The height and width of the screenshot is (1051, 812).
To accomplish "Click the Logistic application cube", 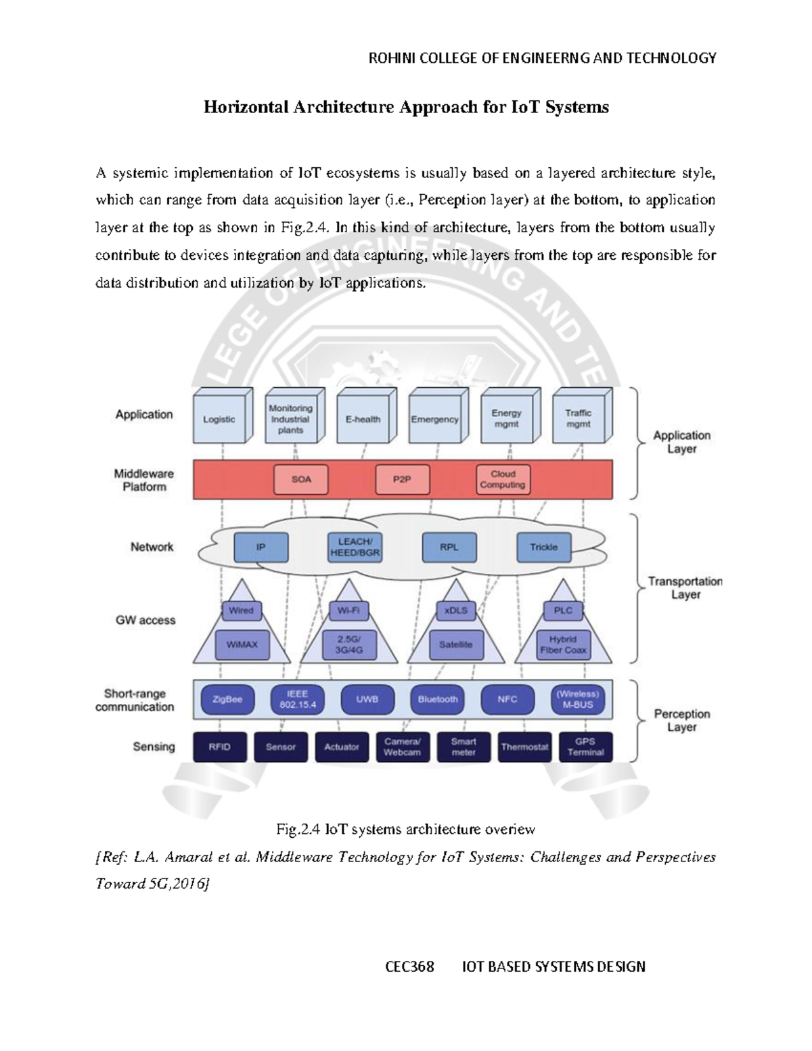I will click(219, 420).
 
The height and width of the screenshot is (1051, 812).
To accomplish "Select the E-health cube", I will click(363, 420).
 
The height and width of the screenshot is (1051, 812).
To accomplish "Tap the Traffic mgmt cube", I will click(579, 419).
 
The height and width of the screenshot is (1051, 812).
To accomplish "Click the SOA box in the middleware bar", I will click(301, 479).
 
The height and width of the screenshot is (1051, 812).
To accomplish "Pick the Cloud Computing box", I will click(503, 479).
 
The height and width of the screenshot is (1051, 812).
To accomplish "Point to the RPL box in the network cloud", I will click(449, 547).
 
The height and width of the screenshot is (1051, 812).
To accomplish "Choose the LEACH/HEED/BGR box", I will click(355, 547).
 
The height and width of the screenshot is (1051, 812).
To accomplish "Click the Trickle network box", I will click(543, 547).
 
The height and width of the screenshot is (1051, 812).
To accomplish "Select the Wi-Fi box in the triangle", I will click(348, 610).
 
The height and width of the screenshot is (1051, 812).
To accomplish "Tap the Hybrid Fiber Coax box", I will click(563, 645).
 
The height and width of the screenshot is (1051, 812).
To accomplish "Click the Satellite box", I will click(455, 645).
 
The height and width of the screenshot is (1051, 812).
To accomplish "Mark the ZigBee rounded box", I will click(227, 700).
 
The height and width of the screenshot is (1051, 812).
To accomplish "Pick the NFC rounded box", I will click(507, 700).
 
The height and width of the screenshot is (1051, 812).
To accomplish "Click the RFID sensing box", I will click(220, 747).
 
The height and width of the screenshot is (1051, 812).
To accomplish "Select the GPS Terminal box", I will click(585, 747).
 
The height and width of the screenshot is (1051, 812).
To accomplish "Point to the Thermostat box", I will click(524, 747).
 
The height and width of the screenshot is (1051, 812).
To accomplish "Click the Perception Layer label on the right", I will click(681, 721).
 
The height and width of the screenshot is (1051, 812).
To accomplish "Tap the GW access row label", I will click(145, 621).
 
